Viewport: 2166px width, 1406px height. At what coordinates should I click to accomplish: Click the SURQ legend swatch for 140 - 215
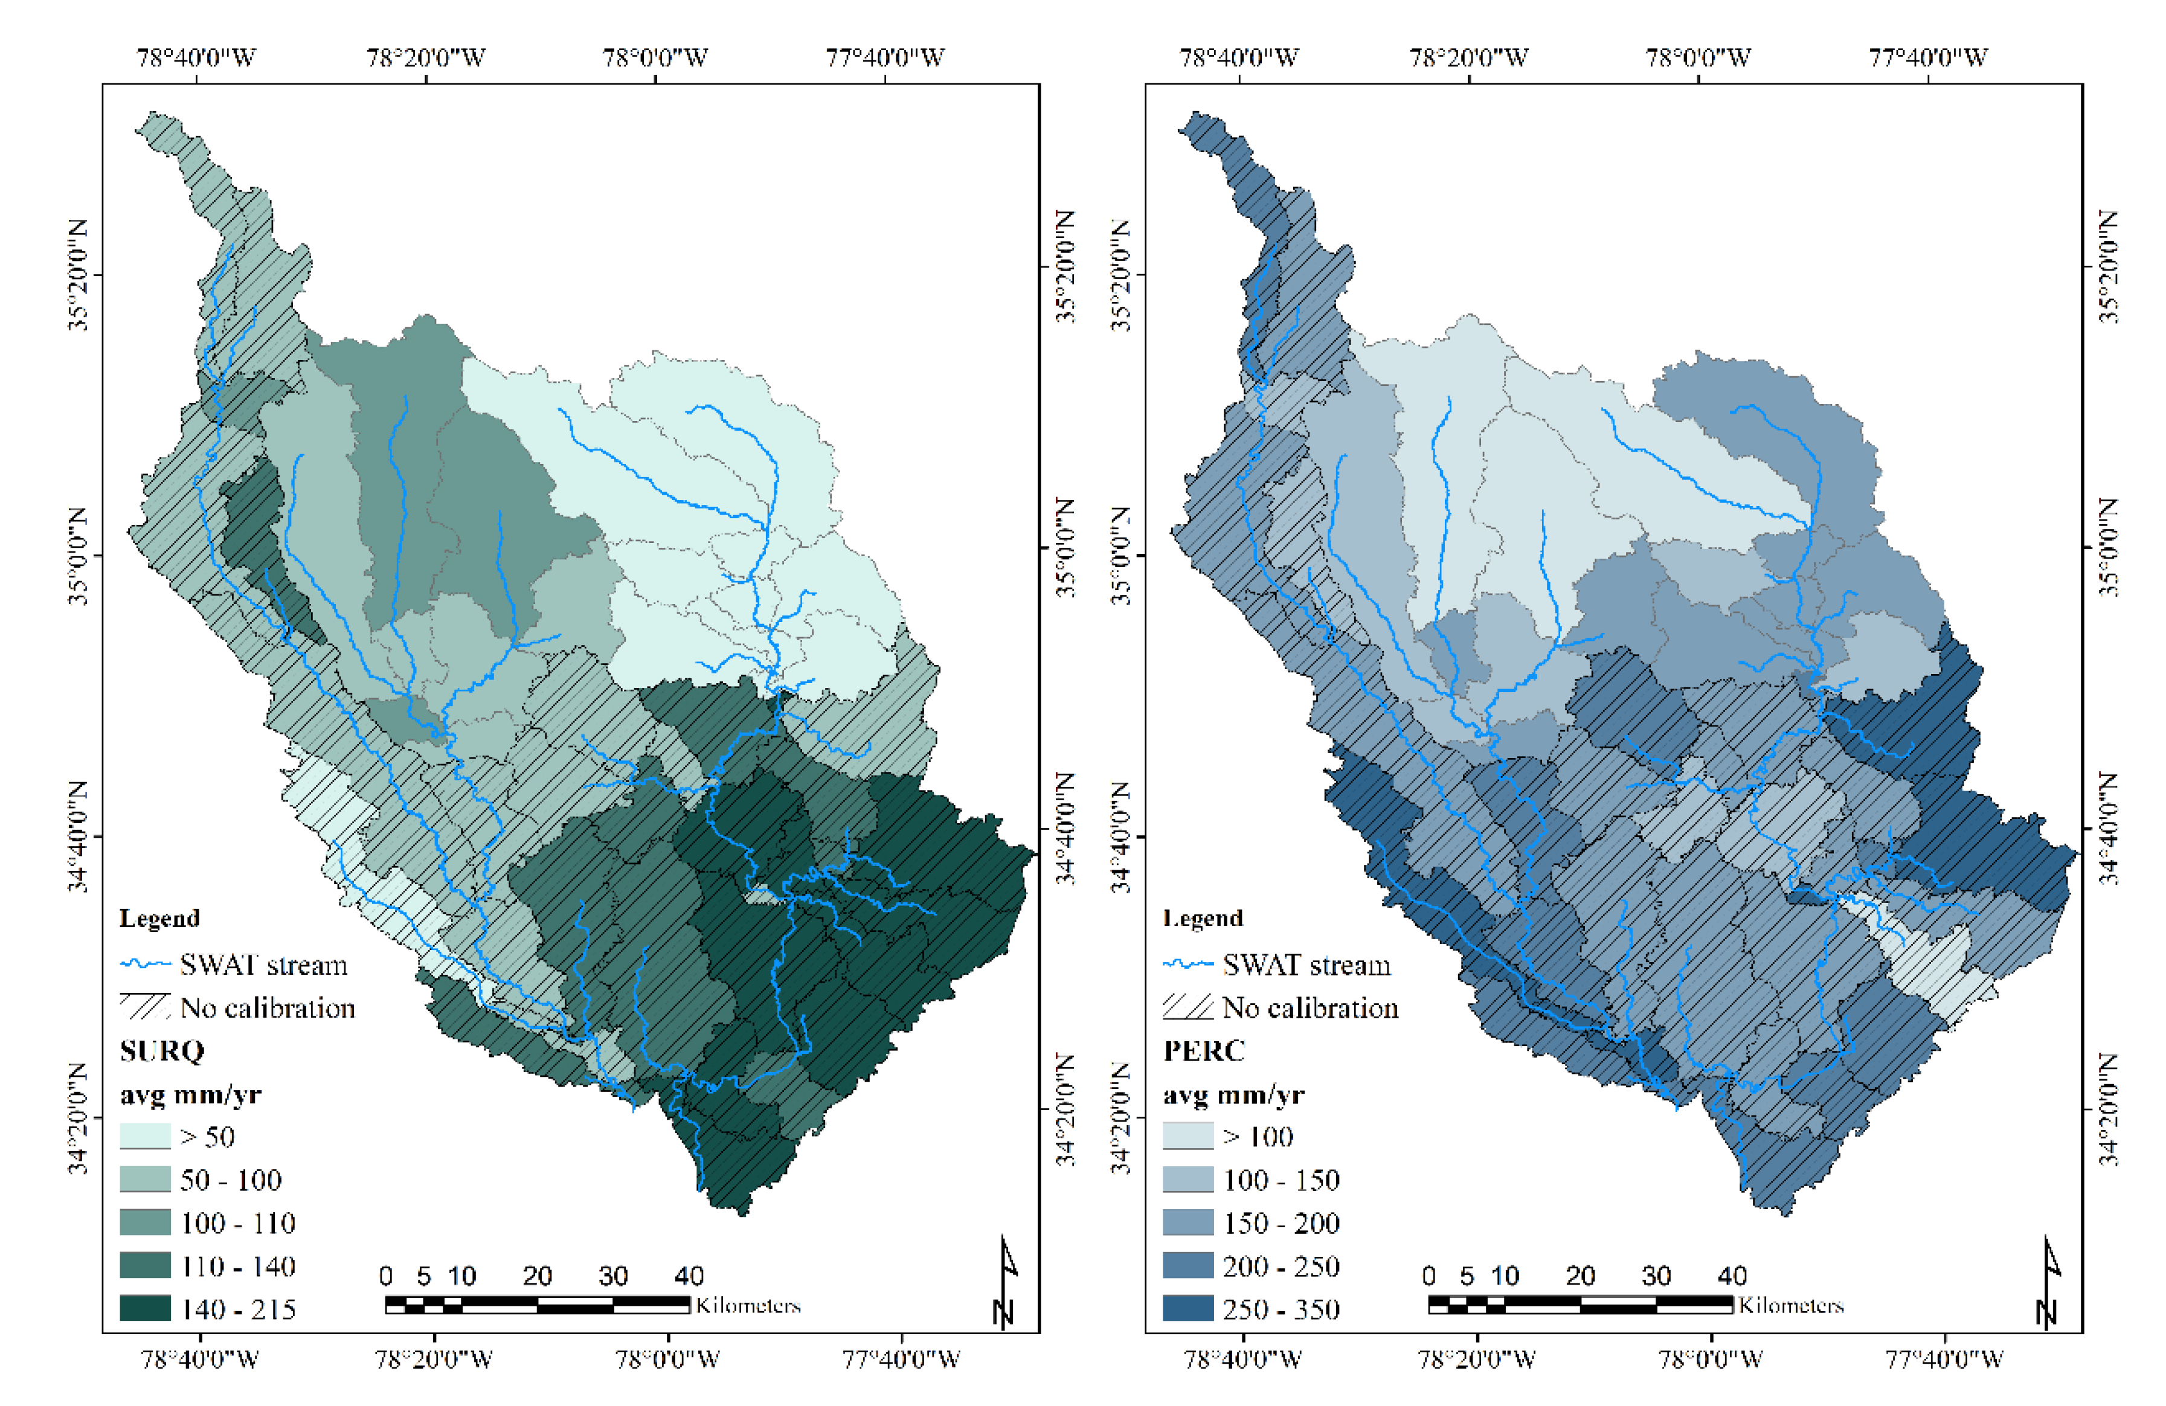coord(145,1308)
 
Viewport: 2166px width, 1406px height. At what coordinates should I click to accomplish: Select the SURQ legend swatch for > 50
coord(145,1135)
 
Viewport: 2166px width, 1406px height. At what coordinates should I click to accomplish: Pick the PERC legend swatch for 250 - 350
coord(1187,1308)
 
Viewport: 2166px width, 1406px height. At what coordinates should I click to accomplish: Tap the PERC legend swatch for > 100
coord(1187,1135)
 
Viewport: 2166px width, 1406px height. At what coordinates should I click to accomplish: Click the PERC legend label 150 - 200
coord(1281,1222)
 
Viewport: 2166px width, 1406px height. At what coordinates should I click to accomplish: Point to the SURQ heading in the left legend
coord(162,1050)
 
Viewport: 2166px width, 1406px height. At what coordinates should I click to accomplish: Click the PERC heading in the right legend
coord(1203,1050)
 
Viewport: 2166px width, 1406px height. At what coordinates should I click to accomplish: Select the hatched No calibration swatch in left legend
coord(145,1007)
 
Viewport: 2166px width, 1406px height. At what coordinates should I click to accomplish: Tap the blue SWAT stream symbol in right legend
coord(1187,964)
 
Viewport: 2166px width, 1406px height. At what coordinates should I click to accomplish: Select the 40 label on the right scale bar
coord(1732,1275)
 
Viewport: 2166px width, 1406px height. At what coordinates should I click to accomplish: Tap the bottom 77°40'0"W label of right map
coord(1944,1359)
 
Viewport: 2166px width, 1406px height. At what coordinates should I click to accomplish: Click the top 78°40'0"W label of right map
coord(1239,57)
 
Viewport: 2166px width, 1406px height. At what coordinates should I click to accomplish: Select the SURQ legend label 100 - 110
coord(237,1222)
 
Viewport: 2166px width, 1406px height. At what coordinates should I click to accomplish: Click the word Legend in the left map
coord(159,917)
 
